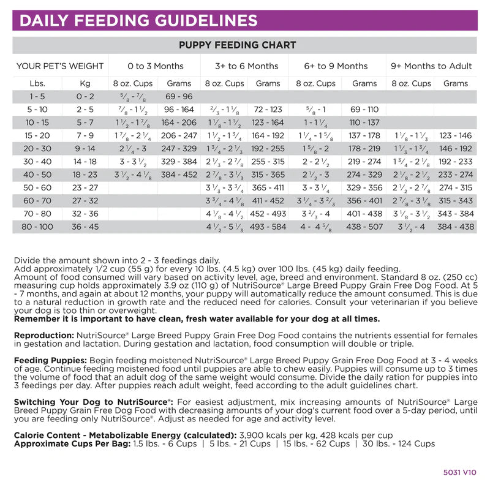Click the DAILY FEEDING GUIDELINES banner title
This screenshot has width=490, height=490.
[x=138, y=21]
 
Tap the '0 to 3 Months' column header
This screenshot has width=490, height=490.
[x=156, y=66]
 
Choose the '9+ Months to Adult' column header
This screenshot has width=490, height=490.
[x=432, y=66]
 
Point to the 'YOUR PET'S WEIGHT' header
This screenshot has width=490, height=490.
[x=60, y=66]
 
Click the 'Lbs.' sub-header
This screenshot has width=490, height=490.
[x=37, y=83]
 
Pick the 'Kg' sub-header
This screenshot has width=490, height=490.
[x=85, y=83]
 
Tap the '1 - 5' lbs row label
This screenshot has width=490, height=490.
[x=37, y=96]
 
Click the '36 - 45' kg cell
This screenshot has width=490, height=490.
[x=85, y=227]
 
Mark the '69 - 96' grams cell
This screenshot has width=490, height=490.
[x=179, y=96]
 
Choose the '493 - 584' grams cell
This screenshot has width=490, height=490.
[x=268, y=227]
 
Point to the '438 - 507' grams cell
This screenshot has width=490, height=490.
[x=364, y=227]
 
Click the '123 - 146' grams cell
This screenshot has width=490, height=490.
[x=456, y=135]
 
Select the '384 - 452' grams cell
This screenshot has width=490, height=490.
[x=179, y=175]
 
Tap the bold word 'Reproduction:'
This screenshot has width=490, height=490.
[x=43, y=336]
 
